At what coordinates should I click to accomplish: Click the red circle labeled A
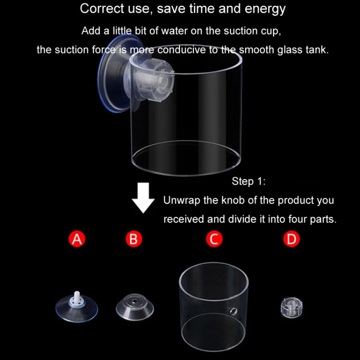click(77, 239)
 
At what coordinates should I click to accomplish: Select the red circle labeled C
click(214, 239)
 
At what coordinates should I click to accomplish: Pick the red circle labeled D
click(291, 239)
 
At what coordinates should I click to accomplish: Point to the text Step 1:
click(248, 181)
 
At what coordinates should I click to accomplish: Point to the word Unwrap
click(181, 200)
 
